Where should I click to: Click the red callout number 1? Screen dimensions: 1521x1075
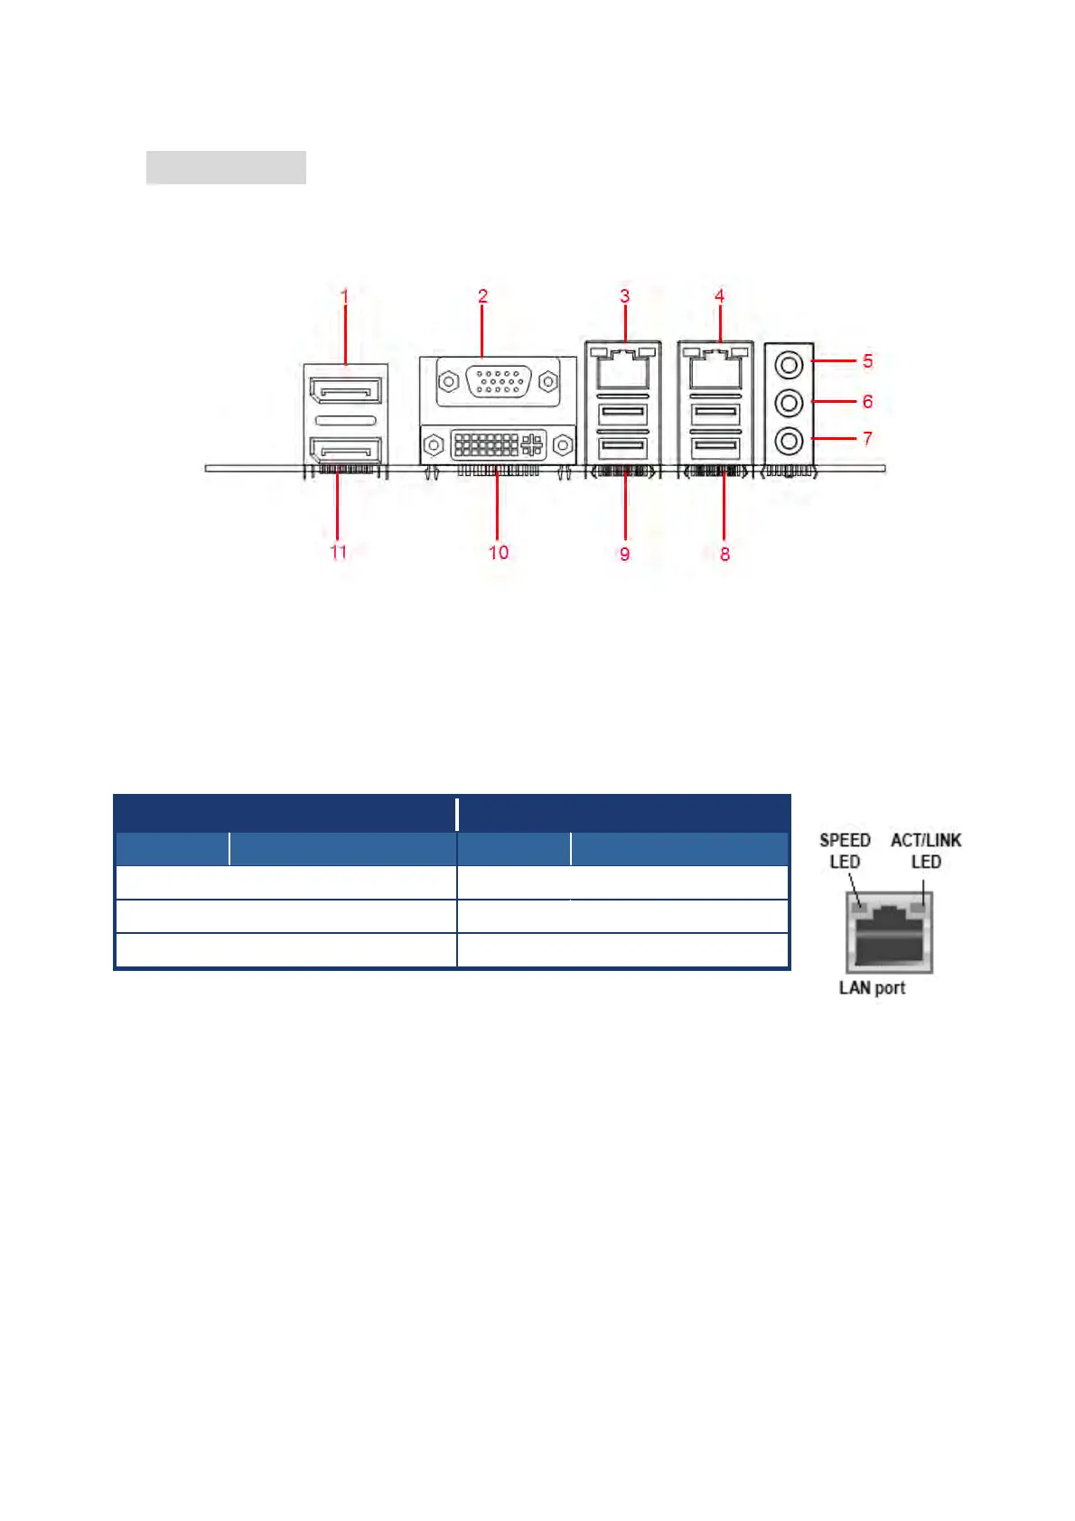point(344,295)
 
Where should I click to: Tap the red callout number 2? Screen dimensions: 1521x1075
point(482,295)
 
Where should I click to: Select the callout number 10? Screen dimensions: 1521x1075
point(499,553)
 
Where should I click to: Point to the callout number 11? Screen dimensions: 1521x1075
point(339,552)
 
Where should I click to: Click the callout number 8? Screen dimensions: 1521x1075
point(724,554)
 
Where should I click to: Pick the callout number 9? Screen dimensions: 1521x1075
point(624,554)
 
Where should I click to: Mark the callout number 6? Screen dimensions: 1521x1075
point(867,401)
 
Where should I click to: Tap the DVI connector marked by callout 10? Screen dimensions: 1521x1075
point(497,444)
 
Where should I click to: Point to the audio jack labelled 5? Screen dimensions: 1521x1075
point(790,365)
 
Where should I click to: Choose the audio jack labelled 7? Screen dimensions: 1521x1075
point(790,441)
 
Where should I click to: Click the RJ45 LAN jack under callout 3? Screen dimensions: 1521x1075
point(623,369)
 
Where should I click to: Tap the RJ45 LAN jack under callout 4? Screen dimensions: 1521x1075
point(715,369)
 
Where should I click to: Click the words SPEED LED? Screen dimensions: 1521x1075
point(845,851)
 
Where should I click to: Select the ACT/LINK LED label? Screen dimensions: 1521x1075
point(926,851)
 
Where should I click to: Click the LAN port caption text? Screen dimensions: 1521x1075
point(872,987)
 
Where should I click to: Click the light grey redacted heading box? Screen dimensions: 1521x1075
point(226,168)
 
